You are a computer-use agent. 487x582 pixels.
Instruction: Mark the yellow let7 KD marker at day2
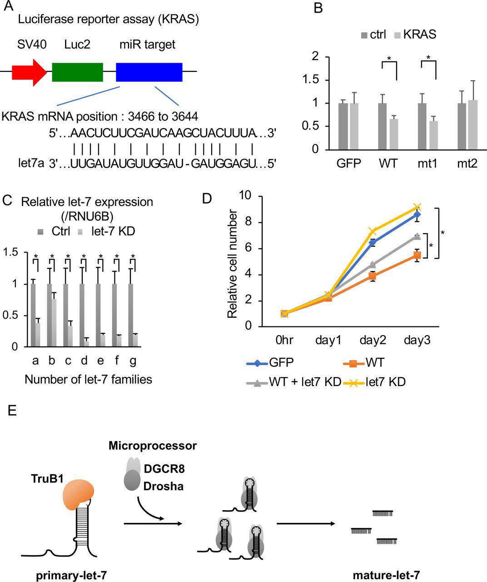point(373,231)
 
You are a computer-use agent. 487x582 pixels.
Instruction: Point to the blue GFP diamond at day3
point(417,214)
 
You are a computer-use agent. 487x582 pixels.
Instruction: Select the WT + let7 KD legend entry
point(294,382)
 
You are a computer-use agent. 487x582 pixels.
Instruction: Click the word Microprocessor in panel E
point(153,446)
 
